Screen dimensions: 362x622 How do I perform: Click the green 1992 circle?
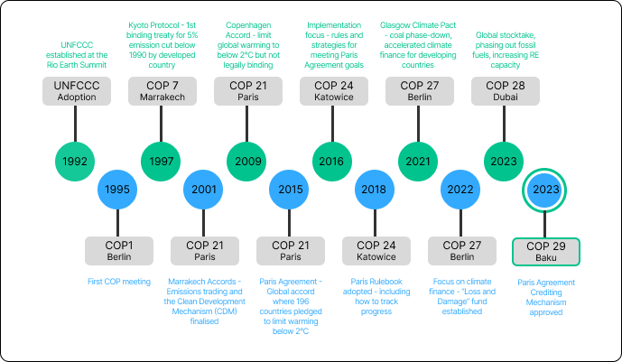click(76, 161)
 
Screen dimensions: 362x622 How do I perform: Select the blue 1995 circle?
click(119, 190)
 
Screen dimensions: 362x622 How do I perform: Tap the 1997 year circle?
click(162, 161)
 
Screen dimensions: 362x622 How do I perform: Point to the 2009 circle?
click(248, 161)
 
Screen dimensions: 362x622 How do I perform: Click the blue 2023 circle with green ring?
click(546, 190)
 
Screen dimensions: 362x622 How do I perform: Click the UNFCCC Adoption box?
click(76, 90)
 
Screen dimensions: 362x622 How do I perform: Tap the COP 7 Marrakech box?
click(162, 90)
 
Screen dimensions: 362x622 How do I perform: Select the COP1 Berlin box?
click(119, 250)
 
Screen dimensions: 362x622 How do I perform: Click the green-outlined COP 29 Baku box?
click(546, 251)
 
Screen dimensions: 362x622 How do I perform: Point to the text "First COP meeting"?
click(119, 282)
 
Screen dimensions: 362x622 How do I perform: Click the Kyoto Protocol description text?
click(162, 42)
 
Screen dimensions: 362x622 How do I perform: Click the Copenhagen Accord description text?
click(248, 42)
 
